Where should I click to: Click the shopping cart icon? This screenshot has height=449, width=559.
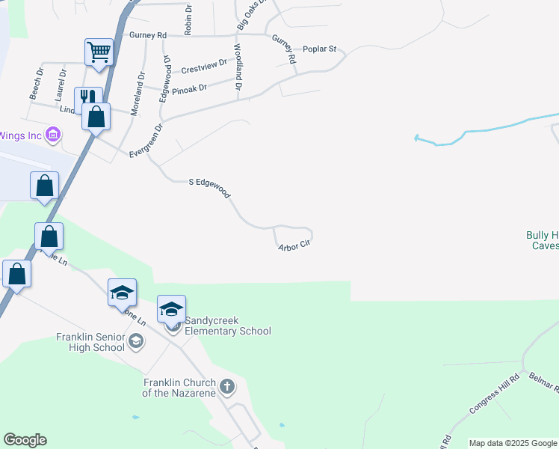[99, 52]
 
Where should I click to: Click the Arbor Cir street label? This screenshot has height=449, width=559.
[294, 245]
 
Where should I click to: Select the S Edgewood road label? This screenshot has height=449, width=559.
[209, 186]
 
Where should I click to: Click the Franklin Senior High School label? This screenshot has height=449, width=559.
[90, 342]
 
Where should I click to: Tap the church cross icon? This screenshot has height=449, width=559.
[227, 387]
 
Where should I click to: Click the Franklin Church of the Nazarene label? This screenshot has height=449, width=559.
[179, 387]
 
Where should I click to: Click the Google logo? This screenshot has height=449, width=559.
[25, 440]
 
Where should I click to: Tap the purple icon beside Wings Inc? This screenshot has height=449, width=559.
[53, 135]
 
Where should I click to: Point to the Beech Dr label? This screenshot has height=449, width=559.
[35, 84]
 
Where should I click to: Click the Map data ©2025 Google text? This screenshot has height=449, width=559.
[513, 443]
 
